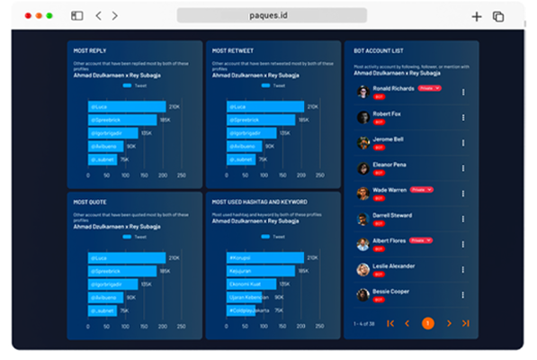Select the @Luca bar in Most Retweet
click(x=266, y=106)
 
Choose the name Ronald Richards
click(x=393, y=88)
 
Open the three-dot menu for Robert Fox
click(x=463, y=117)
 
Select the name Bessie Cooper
click(x=390, y=291)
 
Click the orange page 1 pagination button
click(x=427, y=322)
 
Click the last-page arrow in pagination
click(x=465, y=322)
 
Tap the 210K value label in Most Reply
click(x=174, y=106)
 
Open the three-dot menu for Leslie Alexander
click(x=463, y=269)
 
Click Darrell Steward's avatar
click(x=362, y=219)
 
